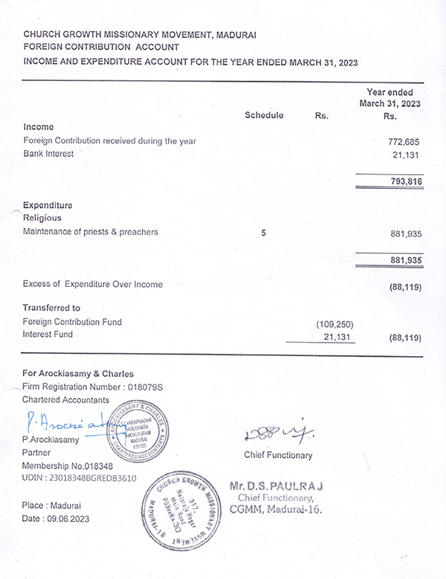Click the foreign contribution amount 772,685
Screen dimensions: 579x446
point(405,141)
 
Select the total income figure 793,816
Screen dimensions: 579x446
point(405,181)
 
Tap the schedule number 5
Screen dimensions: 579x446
point(264,233)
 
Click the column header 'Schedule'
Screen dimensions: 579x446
point(264,116)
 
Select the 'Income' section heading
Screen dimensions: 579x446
point(39,127)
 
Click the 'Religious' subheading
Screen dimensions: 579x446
point(43,218)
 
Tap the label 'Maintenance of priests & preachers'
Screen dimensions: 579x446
point(91,233)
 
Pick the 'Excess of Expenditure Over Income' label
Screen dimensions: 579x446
point(93,284)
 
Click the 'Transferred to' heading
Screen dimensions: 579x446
point(51,308)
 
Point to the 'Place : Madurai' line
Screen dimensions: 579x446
point(53,505)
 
